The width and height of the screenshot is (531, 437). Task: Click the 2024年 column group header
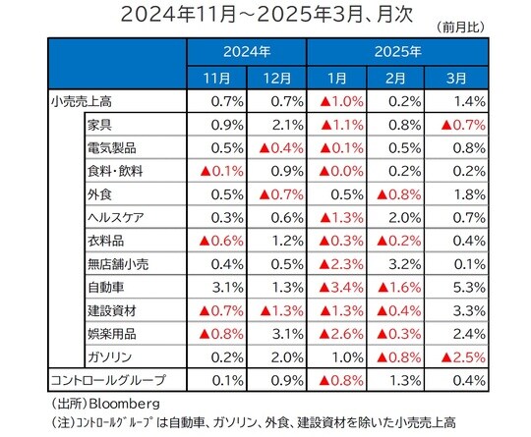246,50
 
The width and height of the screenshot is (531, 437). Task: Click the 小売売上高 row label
78,101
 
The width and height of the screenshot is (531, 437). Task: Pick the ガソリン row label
109,356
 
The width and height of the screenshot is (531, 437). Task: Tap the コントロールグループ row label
108,380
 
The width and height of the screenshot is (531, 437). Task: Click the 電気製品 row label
114,148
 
